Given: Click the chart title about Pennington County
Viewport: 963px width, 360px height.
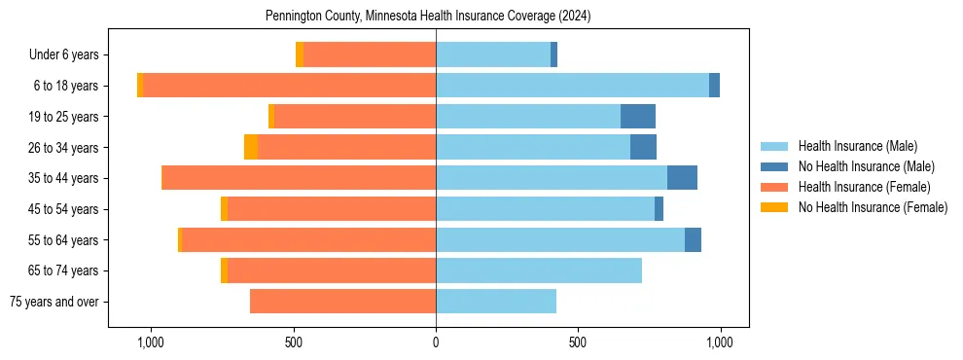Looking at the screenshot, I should point(428,17).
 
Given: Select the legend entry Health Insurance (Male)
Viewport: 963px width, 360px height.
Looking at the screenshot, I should point(857,146).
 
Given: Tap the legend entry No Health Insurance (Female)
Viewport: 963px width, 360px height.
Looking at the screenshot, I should point(873,207).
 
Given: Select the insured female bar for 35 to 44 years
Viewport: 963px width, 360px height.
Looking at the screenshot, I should point(299,178).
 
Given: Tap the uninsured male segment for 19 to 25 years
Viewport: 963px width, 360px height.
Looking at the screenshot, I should point(638,117).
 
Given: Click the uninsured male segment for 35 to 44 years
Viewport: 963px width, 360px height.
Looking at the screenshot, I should point(682,178).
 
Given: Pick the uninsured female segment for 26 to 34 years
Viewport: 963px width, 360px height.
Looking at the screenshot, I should point(251,147).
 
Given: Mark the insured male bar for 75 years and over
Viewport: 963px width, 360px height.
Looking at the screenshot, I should point(496,302).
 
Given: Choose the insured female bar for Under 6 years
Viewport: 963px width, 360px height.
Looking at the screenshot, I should point(370,54).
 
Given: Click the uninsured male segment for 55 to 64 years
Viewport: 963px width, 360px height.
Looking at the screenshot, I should point(693,240).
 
